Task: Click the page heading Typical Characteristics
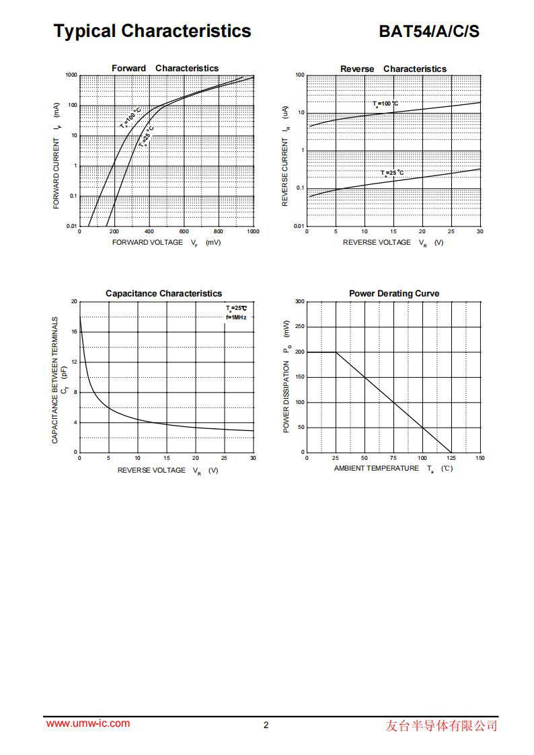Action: point(153,31)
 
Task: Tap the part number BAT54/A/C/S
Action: point(429,32)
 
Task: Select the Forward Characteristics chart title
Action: point(165,68)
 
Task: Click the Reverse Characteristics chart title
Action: point(393,69)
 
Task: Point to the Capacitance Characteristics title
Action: point(163,293)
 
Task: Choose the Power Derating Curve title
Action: point(394,293)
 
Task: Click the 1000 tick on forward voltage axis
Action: point(253,231)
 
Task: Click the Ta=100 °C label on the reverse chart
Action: point(385,104)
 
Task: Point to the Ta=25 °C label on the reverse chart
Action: point(392,173)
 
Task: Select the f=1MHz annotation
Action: point(236,317)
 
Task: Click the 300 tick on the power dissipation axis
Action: point(299,302)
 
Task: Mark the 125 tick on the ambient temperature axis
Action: point(451,458)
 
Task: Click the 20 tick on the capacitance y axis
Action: point(74,302)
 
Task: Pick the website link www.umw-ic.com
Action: point(88,723)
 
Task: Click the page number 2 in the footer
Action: point(266,725)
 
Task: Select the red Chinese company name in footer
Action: point(442,725)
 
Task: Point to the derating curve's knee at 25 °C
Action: point(336,352)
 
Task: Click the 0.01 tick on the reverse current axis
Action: point(298,227)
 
